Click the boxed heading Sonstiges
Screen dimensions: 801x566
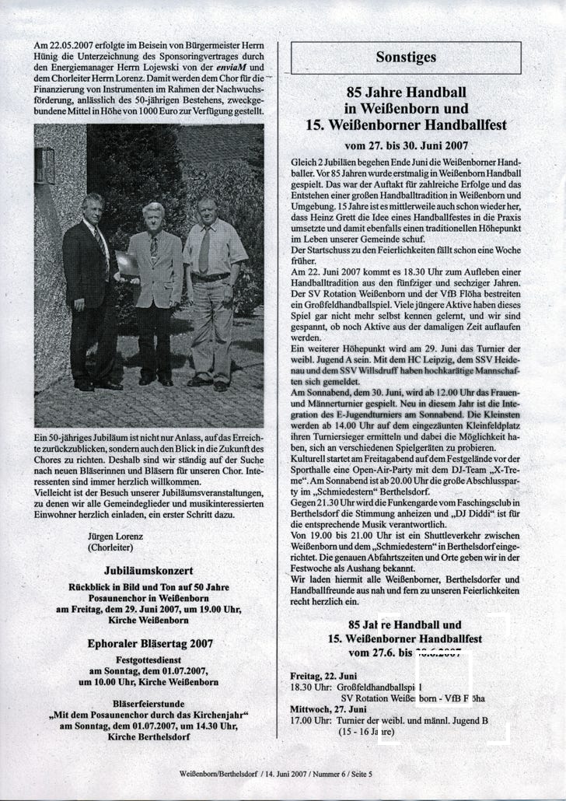pyautogui.click(x=406, y=57)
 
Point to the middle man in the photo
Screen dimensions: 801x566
pyautogui.click(x=155, y=292)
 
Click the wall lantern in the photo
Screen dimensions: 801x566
pyautogui.click(x=44, y=165)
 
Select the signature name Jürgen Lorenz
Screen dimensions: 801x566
pyautogui.click(x=116, y=537)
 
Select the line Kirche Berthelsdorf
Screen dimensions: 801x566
pyautogui.click(x=148, y=736)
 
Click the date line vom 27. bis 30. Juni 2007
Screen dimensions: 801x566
pyautogui.click(x=406, y=145)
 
